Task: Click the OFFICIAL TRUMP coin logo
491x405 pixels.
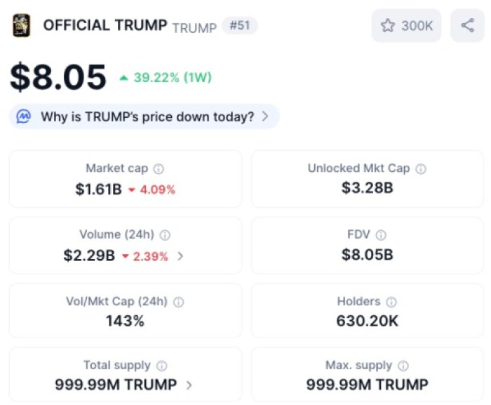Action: click(22, 26)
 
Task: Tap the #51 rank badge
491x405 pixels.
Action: click(240, 26)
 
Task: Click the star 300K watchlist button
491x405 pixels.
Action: click(406, 26)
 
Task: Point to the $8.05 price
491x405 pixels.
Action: click(58, 77)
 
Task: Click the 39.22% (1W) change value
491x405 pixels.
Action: click(172, 77)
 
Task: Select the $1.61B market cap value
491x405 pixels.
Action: click(98, 189)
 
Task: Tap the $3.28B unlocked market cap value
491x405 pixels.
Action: click(367, 188)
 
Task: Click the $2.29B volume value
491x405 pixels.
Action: click(89, 256)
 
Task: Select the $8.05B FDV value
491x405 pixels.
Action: click(367, 255)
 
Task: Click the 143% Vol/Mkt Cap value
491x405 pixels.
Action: click(125, 321)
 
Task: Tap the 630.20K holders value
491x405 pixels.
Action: click(367, 321)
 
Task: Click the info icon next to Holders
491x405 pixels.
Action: click(391, 302)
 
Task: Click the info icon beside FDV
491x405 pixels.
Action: click(381, 235)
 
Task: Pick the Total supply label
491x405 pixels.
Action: click(117, 365)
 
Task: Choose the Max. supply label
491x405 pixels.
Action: click(358, 365)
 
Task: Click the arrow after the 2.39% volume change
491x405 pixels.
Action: click(180, 256)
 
